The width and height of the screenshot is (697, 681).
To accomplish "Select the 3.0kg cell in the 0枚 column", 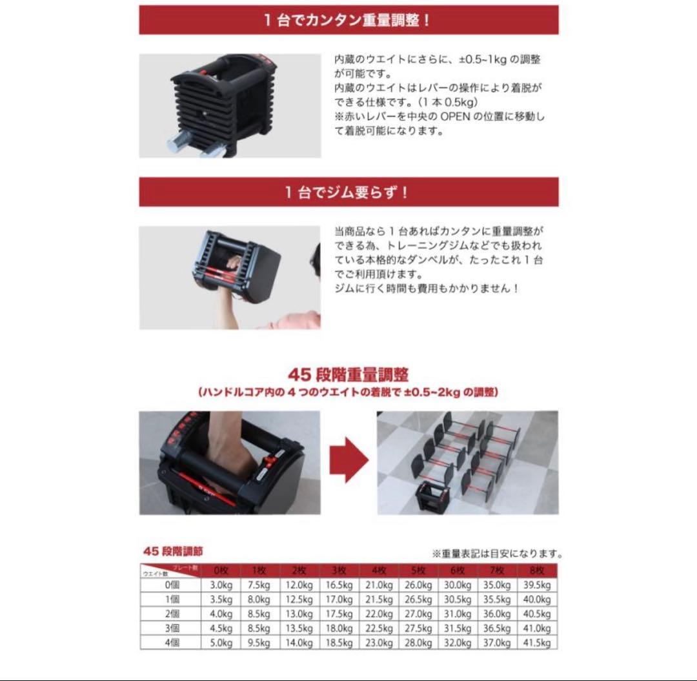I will [x=221, y=585].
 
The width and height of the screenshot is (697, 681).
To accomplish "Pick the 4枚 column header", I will [x=379, y=571].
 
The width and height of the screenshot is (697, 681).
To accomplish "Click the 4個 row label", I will [x=171, y=642].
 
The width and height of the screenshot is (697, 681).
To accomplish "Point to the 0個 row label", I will [x=171, y=585].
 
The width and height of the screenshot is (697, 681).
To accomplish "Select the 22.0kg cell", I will [x=379, y=614].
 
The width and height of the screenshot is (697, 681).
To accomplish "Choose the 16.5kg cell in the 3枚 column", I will [x=339, y=585].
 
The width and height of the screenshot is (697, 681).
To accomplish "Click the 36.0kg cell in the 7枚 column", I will [x=497, y=614].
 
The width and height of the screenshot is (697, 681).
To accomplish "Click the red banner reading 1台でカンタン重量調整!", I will [x=348, y=20].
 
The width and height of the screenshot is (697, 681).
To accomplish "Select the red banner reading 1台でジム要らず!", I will [x=348, y=192].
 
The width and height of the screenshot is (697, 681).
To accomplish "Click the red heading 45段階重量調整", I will [x=348, y=375].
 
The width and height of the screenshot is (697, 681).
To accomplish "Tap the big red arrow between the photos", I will [x=348, y=462].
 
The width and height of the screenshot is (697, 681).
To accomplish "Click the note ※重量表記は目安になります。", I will [x=497, y=554].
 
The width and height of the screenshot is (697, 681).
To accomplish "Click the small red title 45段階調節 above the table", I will [x=172, y=552].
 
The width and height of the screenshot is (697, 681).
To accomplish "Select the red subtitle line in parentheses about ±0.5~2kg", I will [x=348, y=392].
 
